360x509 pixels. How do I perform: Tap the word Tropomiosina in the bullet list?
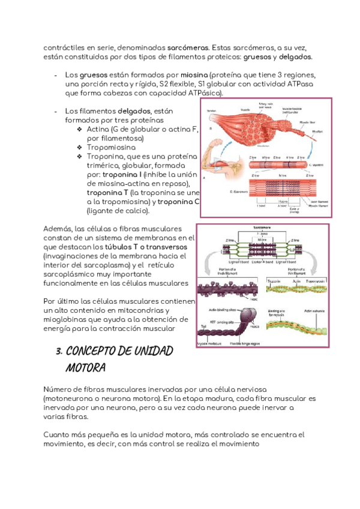111,147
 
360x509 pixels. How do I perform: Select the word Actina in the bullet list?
99,129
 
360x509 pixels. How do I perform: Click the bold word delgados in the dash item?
134,111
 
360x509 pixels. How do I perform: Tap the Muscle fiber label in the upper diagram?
308,120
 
